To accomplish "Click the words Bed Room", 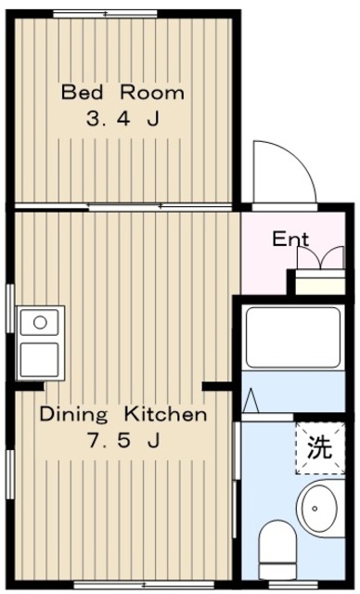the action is pyautogui.click(x=123, y=93).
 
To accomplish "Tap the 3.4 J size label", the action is pyautogui.click(x=122, y=119).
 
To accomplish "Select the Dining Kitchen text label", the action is pyautogui.click(x=123, y=414).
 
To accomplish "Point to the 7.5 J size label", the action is pyautogui.click(x=123, y=441).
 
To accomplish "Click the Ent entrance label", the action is pyautogui.click(x=290, y=239).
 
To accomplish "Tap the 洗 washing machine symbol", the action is pyautogui.click(x=320, y=448).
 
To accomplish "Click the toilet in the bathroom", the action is pyautogui.click(x=277, y=549).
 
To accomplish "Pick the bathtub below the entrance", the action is pyautogui.click(x=293, y=337).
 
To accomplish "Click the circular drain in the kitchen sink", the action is pyautogui.click(x=40, y=323).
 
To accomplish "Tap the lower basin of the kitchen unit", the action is pyautogui.click(x=39, y=359).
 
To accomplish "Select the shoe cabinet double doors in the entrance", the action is pyautogui.click(x=321, y=258).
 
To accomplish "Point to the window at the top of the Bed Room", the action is pyautogui.click(x=105, y=14).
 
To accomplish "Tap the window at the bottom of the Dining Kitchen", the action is pyautogui.click(x=144, y=585).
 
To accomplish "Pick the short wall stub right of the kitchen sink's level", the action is pyautogui.click(x=217, y=386).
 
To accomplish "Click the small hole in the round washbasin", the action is pyautogui.click(x=315, y=509).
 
